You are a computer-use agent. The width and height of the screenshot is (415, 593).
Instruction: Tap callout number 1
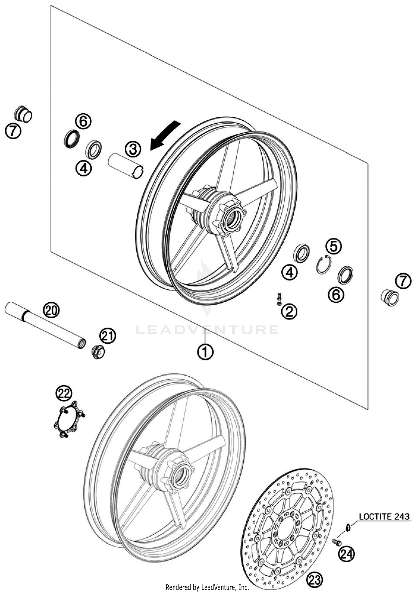coord(205,352)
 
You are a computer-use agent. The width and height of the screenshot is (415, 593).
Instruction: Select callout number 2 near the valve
coord(289,312)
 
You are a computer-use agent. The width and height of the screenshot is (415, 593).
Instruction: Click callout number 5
coord(334,246)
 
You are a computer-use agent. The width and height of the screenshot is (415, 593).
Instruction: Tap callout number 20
coord(51,310)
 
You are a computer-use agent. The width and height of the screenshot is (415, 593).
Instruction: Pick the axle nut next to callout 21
coord(98,352)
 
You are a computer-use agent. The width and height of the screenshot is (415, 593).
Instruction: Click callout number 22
coord(64,394)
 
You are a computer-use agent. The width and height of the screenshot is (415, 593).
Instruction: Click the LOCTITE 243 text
coord(384,516)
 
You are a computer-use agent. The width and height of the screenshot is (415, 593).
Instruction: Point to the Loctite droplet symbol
coord(348,527)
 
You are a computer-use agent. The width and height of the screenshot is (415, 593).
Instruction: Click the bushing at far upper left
coord(23,114)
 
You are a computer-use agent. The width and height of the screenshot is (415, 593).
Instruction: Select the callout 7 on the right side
coord(403,281)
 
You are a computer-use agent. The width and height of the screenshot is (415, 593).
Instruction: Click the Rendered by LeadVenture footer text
coord(207,587)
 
